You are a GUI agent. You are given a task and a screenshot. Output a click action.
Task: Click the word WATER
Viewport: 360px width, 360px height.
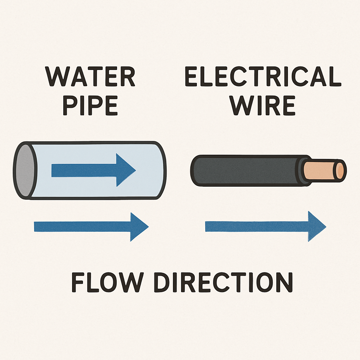90,77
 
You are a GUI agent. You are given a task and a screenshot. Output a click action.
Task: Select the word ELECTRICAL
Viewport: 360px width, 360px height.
263,77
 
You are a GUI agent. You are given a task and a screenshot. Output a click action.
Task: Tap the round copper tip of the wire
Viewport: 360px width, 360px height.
340,171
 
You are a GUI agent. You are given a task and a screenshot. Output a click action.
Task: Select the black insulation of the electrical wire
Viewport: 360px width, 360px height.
246,171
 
